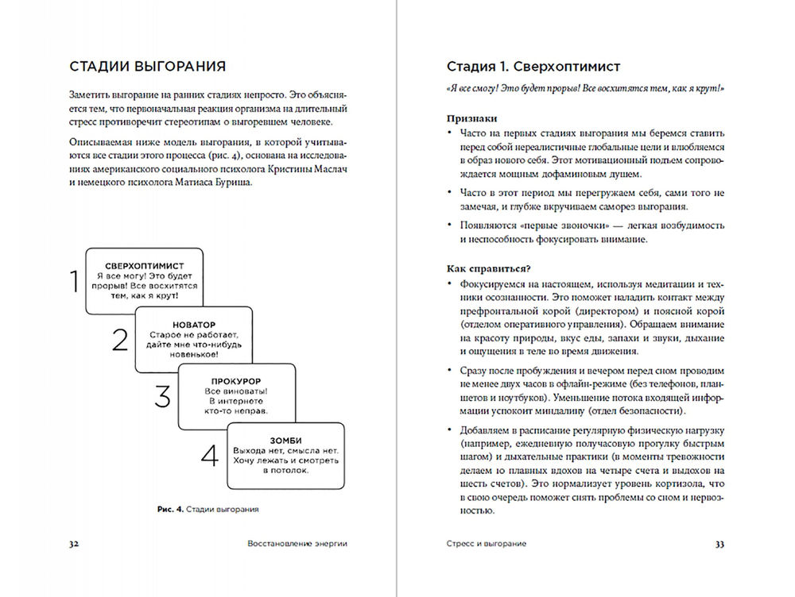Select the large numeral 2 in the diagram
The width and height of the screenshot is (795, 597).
(x=119, y=339)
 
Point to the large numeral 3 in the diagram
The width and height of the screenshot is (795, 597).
(x=162, y=397)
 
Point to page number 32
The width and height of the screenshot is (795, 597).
(x=73, y=544)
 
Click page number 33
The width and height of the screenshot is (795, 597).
(x=720, y=544)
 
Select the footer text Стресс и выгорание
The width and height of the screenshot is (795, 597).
(x=487, y=544)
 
